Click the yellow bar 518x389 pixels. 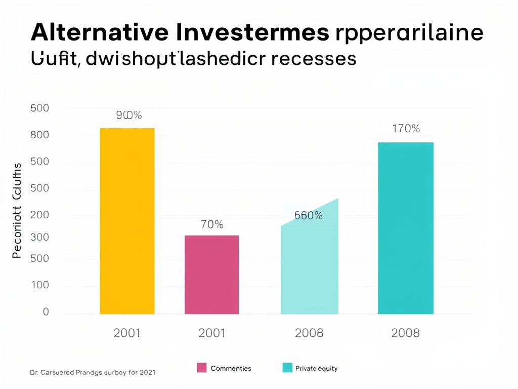[127, 221]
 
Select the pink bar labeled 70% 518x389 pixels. [211, 275]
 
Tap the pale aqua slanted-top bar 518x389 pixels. [309, 263]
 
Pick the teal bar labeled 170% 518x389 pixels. [405, 228]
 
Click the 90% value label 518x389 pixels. [128, 115]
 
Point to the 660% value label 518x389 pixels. [308, 215]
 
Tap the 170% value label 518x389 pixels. [406, 129]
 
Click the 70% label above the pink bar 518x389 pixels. [212, 224]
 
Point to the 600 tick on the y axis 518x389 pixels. [39, 108]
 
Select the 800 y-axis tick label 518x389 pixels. [39, 135]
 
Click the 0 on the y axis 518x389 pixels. [46, 312]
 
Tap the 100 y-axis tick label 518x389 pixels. [39, 285]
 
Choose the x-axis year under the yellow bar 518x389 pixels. [127, 333]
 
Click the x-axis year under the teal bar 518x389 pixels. [405, 333]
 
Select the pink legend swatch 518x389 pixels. [202, 368]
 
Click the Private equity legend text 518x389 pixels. [316, 368]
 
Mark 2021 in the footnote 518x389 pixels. [146, 372]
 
